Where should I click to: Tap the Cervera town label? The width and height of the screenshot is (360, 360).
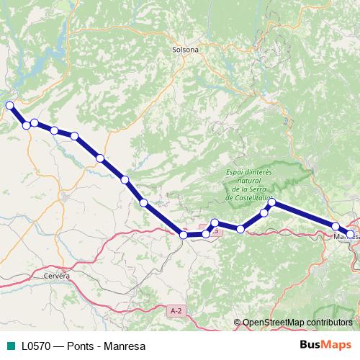tap(57, 276)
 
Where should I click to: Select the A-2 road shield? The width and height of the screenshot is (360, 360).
tap(174, 310)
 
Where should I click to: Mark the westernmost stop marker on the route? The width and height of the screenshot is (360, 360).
tap(10, 106)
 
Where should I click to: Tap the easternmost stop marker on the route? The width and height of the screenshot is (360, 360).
tap(351, 234)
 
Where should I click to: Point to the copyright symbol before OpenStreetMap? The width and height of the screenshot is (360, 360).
tap(238, 323)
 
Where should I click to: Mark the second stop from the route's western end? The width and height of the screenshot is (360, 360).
tap(27, 125)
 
